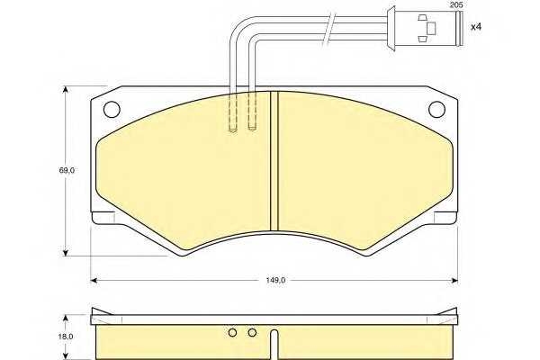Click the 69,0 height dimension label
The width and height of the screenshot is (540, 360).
[67, 170]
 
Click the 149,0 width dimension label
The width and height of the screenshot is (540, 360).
[275, 280]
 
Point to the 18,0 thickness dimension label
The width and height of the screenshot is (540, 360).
[66, 337]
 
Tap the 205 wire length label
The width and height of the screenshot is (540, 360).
[456, 4]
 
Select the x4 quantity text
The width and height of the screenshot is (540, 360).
[475, 27]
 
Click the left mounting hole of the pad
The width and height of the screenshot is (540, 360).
[112, 109]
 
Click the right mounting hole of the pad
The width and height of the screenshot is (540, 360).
[436, 109]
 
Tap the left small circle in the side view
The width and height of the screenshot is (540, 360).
[233, 333]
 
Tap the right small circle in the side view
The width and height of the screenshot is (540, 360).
[252, 333]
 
